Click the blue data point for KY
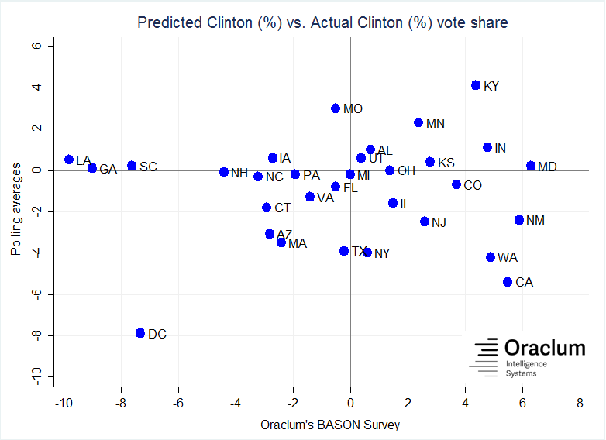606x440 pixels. [x=476, y=85]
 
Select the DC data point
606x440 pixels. [x=140, y=333]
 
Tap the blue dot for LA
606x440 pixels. [x=69, y=160]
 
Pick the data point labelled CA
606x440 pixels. [x=508, y=282]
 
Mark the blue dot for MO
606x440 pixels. [x=336, y=108]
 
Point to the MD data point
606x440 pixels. [x=531, y=166]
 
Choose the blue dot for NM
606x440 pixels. [x=519, y=220]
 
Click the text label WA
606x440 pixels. [x=508, y=257]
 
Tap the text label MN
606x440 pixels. [x=436, y=123]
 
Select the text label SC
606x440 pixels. [x=148, y=167]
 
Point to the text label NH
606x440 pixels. [x=239, y=173]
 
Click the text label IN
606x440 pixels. [x=500, y=148]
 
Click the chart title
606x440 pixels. [x=322, y=22]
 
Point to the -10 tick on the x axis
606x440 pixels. [x=64, y=403]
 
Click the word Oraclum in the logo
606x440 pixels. [x=545, y=348]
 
